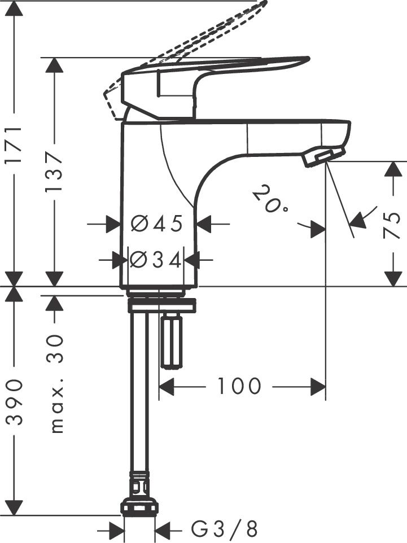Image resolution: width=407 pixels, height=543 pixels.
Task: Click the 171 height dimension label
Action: pos(14,146)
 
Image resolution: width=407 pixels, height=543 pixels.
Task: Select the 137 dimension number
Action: pos(54,171)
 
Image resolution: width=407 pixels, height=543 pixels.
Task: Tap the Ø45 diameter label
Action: pos(157,224)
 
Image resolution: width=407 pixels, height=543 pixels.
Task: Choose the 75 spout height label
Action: pos(393,225)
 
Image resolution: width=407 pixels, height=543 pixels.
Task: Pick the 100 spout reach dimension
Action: pos(239,387)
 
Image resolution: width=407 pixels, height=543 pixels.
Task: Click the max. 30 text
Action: pos(56,384)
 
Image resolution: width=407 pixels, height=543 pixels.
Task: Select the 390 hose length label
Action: pos(14,402)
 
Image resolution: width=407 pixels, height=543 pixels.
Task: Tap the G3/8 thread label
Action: pos(224,529)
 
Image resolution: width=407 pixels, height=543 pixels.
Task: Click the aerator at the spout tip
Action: pos(323,157)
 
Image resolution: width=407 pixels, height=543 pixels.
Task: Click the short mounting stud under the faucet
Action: pos(171,341)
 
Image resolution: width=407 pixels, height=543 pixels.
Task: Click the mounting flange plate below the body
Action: pos(161,306)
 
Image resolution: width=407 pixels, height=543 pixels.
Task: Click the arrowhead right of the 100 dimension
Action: pos(318,387)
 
